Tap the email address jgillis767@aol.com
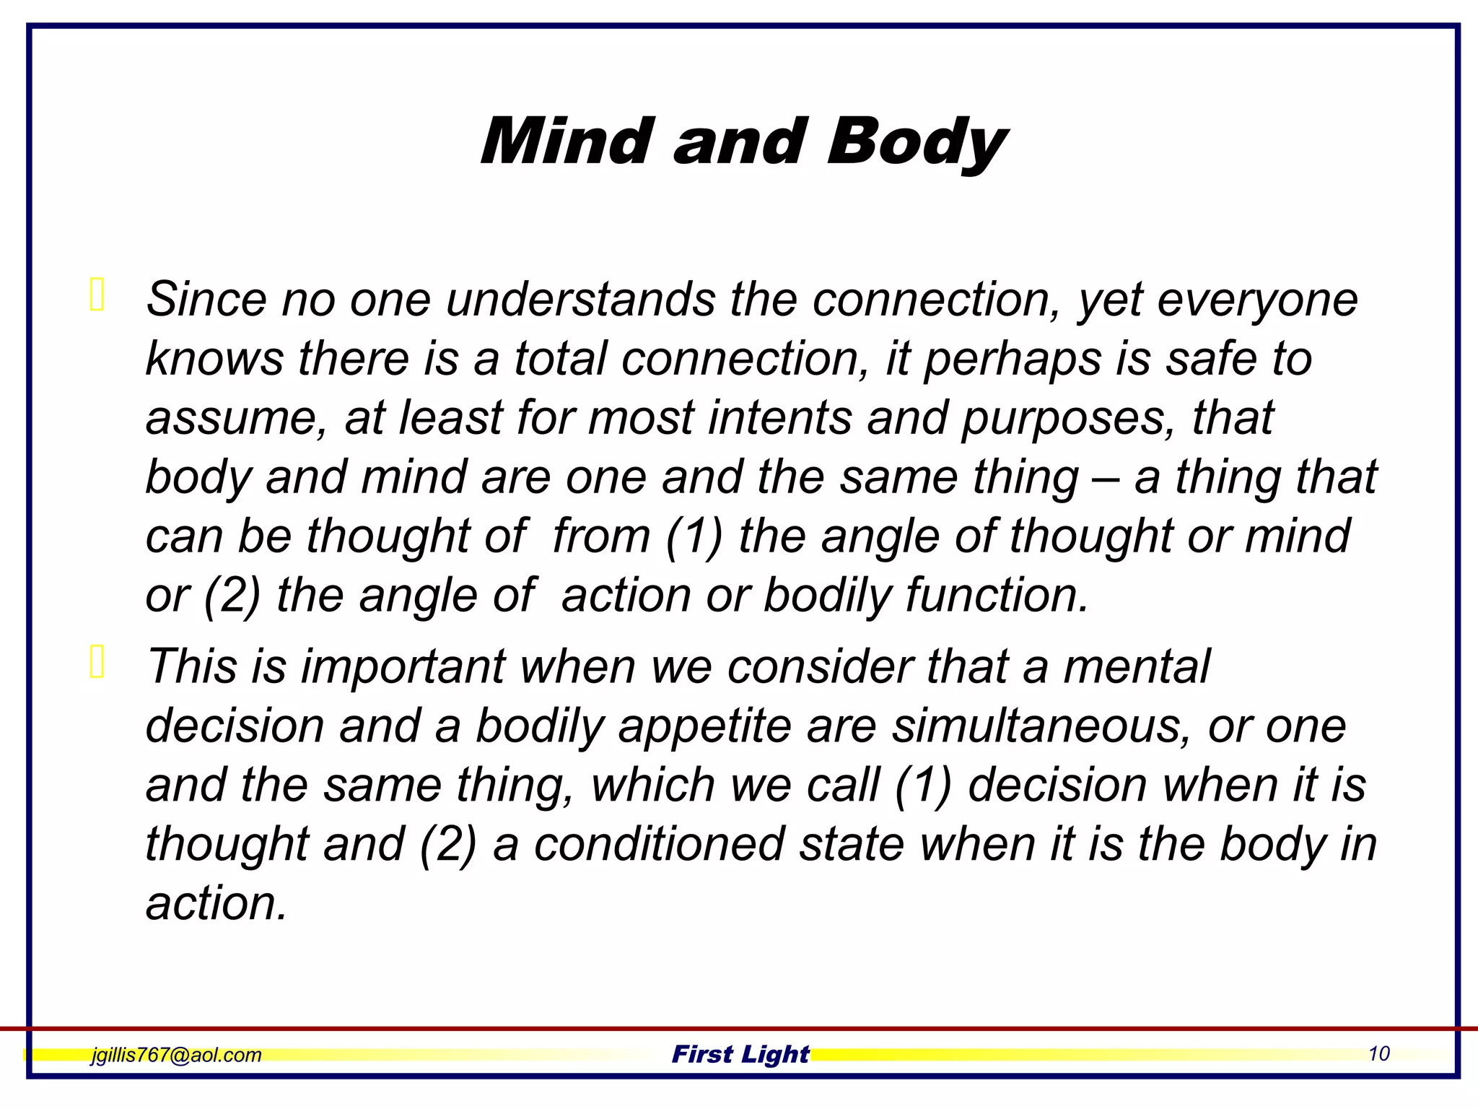pos(176,1055)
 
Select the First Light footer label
pos(740,1054)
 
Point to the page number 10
pos(1378,1053)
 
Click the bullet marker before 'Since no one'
pos(97,294)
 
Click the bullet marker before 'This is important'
pos(97,661)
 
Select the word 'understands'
pos(580,299)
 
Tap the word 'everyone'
pos(1257,300)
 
